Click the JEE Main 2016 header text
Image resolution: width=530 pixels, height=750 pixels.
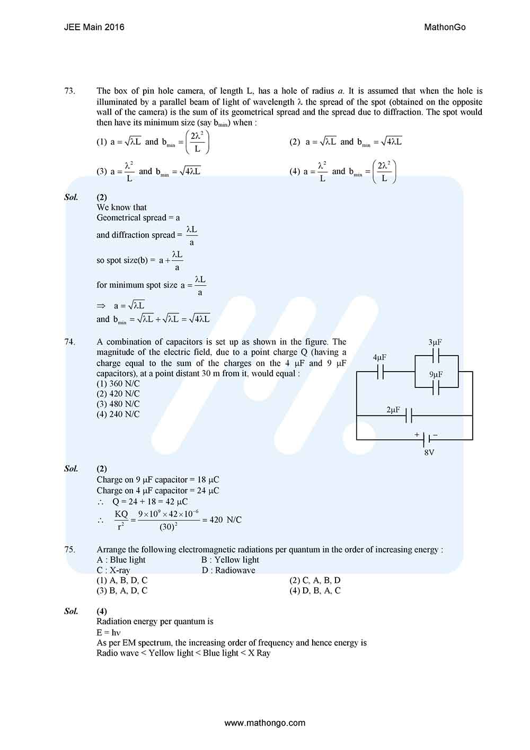[x=94, y=27]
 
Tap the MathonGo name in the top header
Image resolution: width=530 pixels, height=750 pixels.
[x=445, y=27]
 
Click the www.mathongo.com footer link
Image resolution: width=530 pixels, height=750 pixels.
[x=265, y=722]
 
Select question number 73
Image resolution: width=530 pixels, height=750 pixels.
[x=70, y=91]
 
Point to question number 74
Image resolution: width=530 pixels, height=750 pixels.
[x=70, y=342]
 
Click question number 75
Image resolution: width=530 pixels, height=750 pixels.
[x=70, y=550]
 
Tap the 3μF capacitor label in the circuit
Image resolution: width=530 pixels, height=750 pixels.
[x=435, y=342]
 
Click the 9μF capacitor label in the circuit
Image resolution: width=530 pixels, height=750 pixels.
[x=436, y=375]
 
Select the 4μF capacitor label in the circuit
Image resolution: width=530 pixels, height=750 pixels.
[x=379, y=358]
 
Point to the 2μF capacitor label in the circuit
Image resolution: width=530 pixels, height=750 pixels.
[x=393, y=410]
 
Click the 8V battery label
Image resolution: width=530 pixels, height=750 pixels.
[x=429, y=453]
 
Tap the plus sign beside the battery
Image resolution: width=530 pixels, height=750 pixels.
[x=417, y=435]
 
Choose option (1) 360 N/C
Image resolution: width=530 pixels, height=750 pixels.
[x=118, y=384]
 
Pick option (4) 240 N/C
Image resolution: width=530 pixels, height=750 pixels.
[x=118, y=414]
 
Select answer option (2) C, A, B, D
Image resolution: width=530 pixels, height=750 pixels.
[x=315, y=580]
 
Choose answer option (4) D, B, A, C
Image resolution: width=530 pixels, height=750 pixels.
[x=315, y=590]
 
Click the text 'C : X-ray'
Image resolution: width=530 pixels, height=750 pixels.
[x=113, y=570]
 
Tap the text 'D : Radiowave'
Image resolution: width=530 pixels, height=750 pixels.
[x=228, y=570]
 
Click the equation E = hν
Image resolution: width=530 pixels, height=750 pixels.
[x=109, y=632]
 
